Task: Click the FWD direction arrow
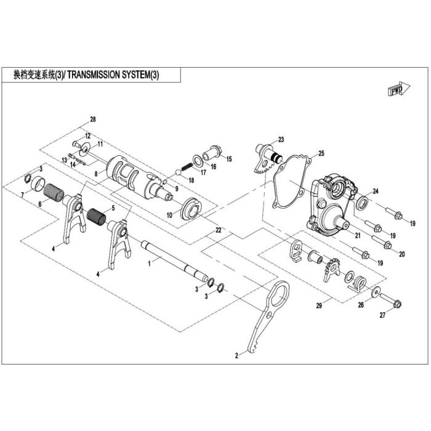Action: tap(399, 89)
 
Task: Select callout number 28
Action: tap(93, 119)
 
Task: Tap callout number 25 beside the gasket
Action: tap(321, 153)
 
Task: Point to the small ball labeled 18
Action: tap(179, 172)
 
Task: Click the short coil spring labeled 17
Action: tap(187, 166)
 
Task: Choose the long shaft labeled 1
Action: tap(174, 260)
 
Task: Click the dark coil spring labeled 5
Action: tap(96, 216)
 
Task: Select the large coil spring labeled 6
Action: tap(54, 192)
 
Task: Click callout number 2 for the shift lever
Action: tap(236, 355)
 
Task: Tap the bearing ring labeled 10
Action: tap(192, 208)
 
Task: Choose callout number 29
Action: tap(319, 305)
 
